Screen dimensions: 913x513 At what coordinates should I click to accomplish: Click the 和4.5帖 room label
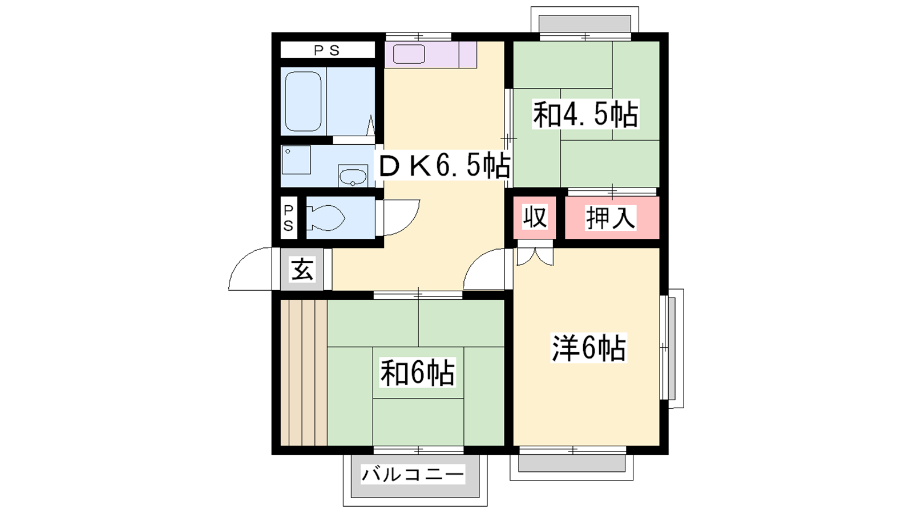(x=585, y=115)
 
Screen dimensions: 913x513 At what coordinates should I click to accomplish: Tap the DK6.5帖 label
(x=445, y=165)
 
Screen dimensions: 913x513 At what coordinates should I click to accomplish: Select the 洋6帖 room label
(x=588, y=348)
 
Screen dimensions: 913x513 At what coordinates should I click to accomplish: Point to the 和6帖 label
(x=417, y=372)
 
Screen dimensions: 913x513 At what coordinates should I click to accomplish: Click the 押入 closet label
(x=611, y=218)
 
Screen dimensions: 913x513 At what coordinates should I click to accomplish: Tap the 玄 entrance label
(x=302, y=269)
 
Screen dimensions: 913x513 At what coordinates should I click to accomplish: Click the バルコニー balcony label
(x=413, y=474)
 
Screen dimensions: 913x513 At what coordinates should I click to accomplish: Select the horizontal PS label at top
(x=327, y=51)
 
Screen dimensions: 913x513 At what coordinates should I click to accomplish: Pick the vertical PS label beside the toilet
(x=288, y=218)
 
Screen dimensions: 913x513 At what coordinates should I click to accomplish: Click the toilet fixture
(x=325, y=218)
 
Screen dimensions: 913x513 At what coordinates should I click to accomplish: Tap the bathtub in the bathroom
(x=303, y=101)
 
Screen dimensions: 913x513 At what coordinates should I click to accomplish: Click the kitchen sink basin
(x=409, y=54)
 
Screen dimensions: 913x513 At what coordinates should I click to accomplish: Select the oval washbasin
(x=353, y=176)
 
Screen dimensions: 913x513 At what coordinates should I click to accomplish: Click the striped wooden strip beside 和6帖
(x=304, y=372)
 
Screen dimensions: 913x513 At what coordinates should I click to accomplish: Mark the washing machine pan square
(x=296, y=160)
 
